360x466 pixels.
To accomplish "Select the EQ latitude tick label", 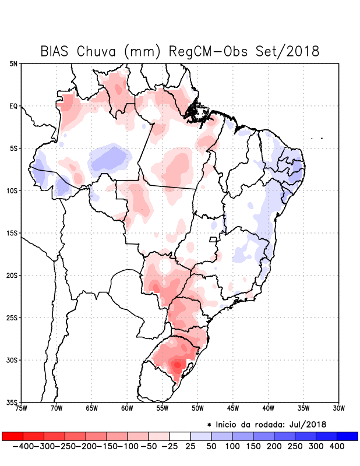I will coord(13,106).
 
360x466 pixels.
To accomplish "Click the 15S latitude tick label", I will coord(12,233).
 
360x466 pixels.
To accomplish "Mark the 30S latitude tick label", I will coord(12,360).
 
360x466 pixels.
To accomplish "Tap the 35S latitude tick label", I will coord(12,402).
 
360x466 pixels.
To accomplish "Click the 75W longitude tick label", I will coord(22,409).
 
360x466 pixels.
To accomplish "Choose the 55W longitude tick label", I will coord(163,409).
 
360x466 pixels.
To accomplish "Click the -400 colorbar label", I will coord(23,446).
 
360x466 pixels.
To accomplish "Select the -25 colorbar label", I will coord(170,446).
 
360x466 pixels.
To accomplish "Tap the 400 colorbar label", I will coord(337,446).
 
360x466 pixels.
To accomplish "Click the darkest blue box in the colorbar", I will coord(348,436).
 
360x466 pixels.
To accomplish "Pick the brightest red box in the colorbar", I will coord(12,436).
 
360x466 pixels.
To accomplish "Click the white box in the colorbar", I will coord(180,436).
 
